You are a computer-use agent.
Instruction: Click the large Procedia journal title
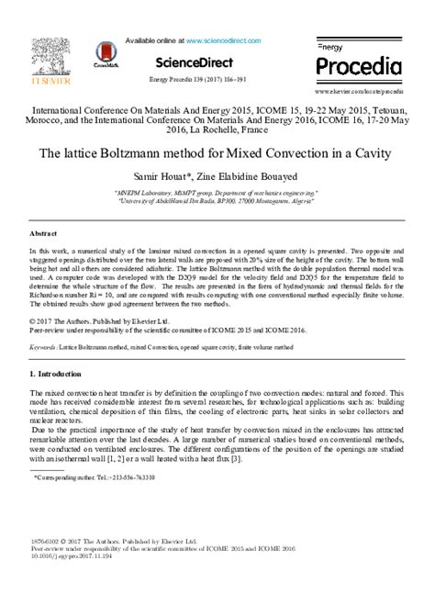coord(359,66)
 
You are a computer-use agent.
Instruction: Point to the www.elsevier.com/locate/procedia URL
coord(359,93)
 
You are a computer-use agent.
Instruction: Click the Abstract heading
coord(44,235)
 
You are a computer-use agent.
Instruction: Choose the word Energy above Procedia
coord(329,45)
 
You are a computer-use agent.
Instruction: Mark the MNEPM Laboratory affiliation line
coord(217,194)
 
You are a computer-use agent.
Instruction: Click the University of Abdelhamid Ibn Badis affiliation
coord(217,202)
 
